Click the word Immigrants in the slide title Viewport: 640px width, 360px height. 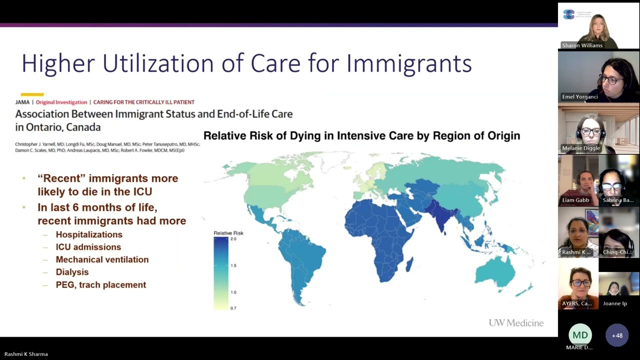click(408, 63)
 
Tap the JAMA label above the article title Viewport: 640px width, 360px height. click(22, 102)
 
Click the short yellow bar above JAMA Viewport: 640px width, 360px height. click(32, 94)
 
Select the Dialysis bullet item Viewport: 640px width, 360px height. click(72, 272)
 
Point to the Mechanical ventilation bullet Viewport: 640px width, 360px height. click(102, 259)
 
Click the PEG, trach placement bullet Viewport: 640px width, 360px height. click(100, 285)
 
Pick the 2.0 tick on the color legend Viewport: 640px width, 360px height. click(233, 239)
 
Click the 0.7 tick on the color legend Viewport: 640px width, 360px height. click(233, 308)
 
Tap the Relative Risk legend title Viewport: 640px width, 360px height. click(228, 233)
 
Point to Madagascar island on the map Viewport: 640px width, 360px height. click(409, 264)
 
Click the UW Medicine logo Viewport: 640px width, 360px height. click(516, 323)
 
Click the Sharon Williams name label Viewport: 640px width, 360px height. click(582, 45)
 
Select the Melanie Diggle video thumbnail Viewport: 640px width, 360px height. click(598, 129)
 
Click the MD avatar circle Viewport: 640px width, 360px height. click(580, 335)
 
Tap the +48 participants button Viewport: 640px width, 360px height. click(617, 335)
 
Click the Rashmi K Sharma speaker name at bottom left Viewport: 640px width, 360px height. click(26, 354)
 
